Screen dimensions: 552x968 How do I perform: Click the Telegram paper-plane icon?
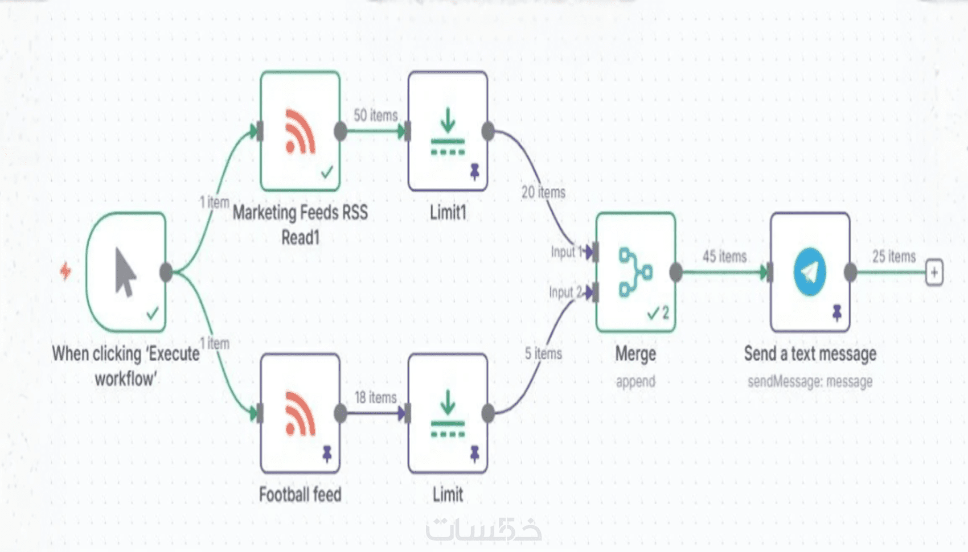coord(810,272)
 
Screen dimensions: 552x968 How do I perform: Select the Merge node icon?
coord(635,272)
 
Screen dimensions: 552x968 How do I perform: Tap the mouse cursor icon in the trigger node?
coord(125,272)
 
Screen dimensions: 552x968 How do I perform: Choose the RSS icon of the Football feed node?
coord(300,414)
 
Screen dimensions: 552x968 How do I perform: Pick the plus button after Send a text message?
coord(934,272)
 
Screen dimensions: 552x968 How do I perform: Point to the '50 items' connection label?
coord(376,116)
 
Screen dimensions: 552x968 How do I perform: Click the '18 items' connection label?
coord(376,397)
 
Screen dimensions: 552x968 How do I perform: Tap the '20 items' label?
coord(543,192)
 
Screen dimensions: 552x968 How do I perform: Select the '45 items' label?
coord(724,257)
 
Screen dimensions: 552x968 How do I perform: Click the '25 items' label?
coord(894,257)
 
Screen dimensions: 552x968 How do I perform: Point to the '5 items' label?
coord(543,353)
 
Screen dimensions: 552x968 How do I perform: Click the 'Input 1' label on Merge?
coord(566,252)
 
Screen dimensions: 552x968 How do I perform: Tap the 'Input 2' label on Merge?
coord(565,293)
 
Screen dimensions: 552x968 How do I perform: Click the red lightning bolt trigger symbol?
coord(66,271)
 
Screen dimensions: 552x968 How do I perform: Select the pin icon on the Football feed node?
coord(327,454)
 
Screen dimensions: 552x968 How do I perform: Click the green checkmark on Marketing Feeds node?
coord(327,171)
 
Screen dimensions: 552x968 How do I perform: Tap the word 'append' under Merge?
coord(635,381)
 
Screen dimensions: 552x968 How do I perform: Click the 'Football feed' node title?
coord(300,495)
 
